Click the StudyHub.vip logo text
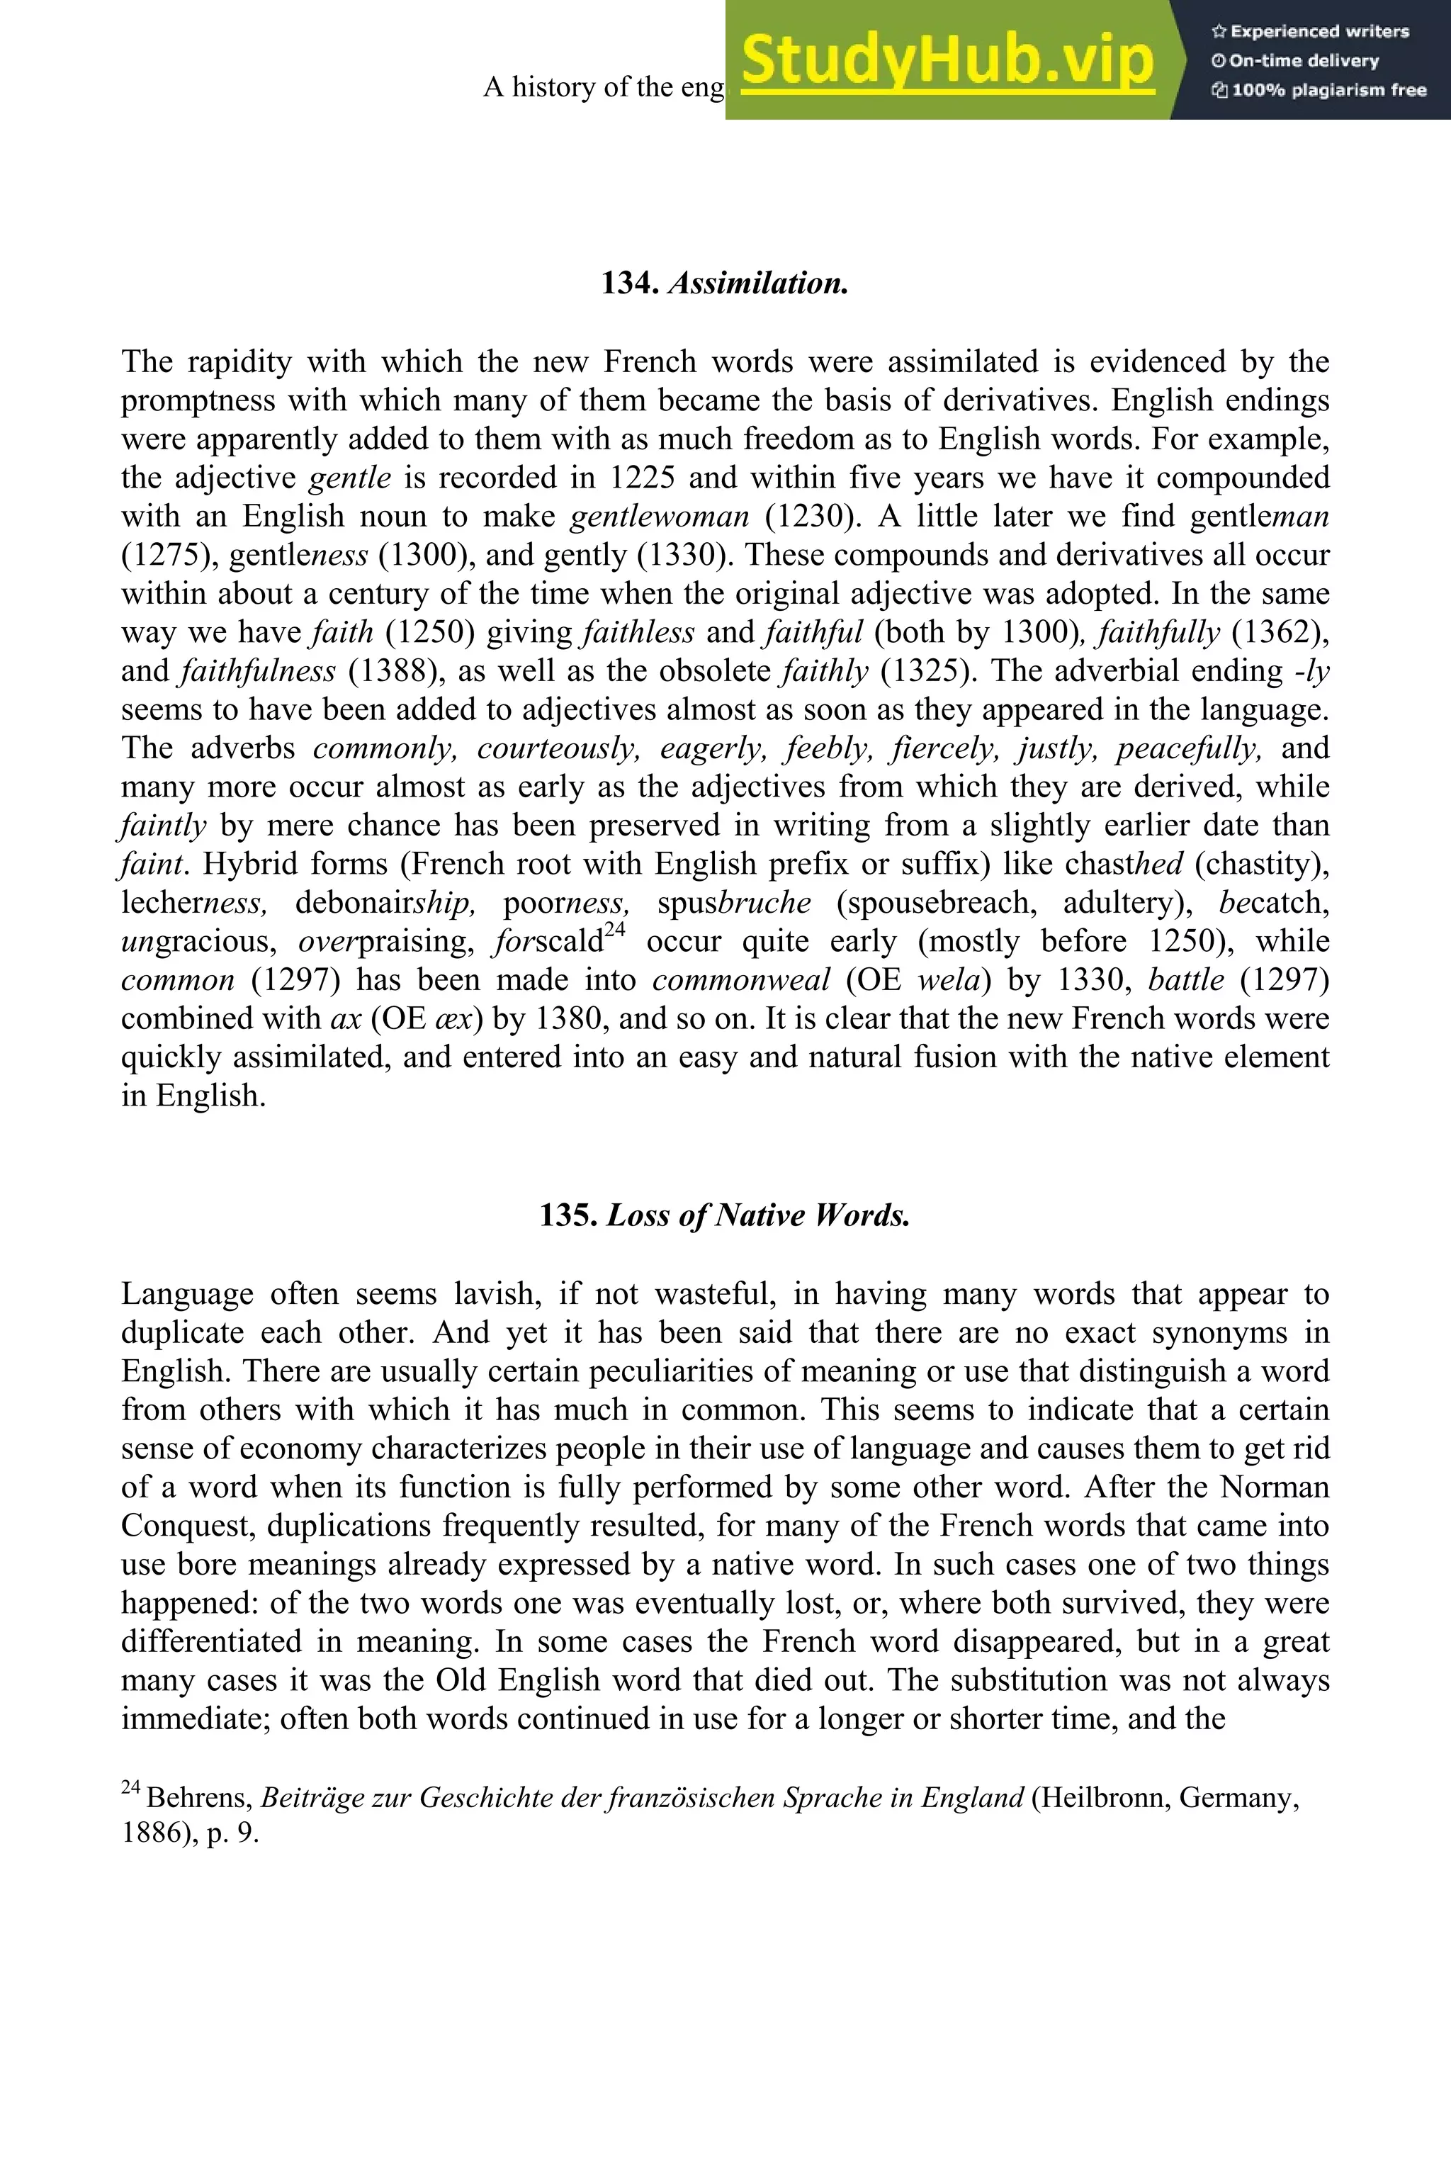tap(947, 61)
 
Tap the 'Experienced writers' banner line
tap(1309, 31)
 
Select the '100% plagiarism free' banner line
tap(1319, 91)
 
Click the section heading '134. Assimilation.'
tap(725, 283)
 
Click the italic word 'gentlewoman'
tap(660, 517)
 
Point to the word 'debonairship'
tap(385, 902)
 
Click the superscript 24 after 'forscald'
tap(616, 931)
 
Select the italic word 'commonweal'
tap(741, 980)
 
